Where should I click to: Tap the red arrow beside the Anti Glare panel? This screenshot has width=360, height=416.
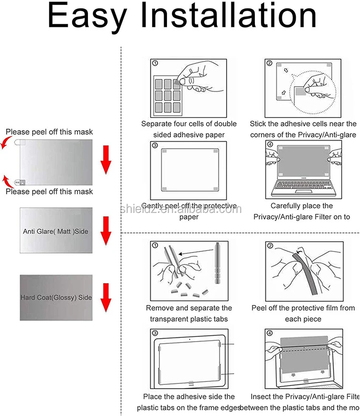106,230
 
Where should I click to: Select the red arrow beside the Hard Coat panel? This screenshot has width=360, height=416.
106,298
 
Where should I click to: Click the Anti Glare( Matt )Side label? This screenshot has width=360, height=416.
56,231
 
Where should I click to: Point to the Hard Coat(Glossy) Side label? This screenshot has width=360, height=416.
56,297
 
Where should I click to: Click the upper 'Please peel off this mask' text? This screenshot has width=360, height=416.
49,131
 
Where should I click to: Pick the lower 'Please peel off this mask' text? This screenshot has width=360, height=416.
49,191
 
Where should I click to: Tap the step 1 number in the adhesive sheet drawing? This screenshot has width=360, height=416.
155,63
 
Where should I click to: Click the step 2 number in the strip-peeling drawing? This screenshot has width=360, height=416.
270,246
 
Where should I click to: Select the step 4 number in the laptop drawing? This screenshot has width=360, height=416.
269,144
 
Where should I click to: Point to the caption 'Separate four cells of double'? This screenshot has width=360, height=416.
189,124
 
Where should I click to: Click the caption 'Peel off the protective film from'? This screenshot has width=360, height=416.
303,308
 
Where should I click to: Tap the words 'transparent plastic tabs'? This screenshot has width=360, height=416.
189,319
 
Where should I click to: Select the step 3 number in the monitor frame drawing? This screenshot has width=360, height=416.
155,333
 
